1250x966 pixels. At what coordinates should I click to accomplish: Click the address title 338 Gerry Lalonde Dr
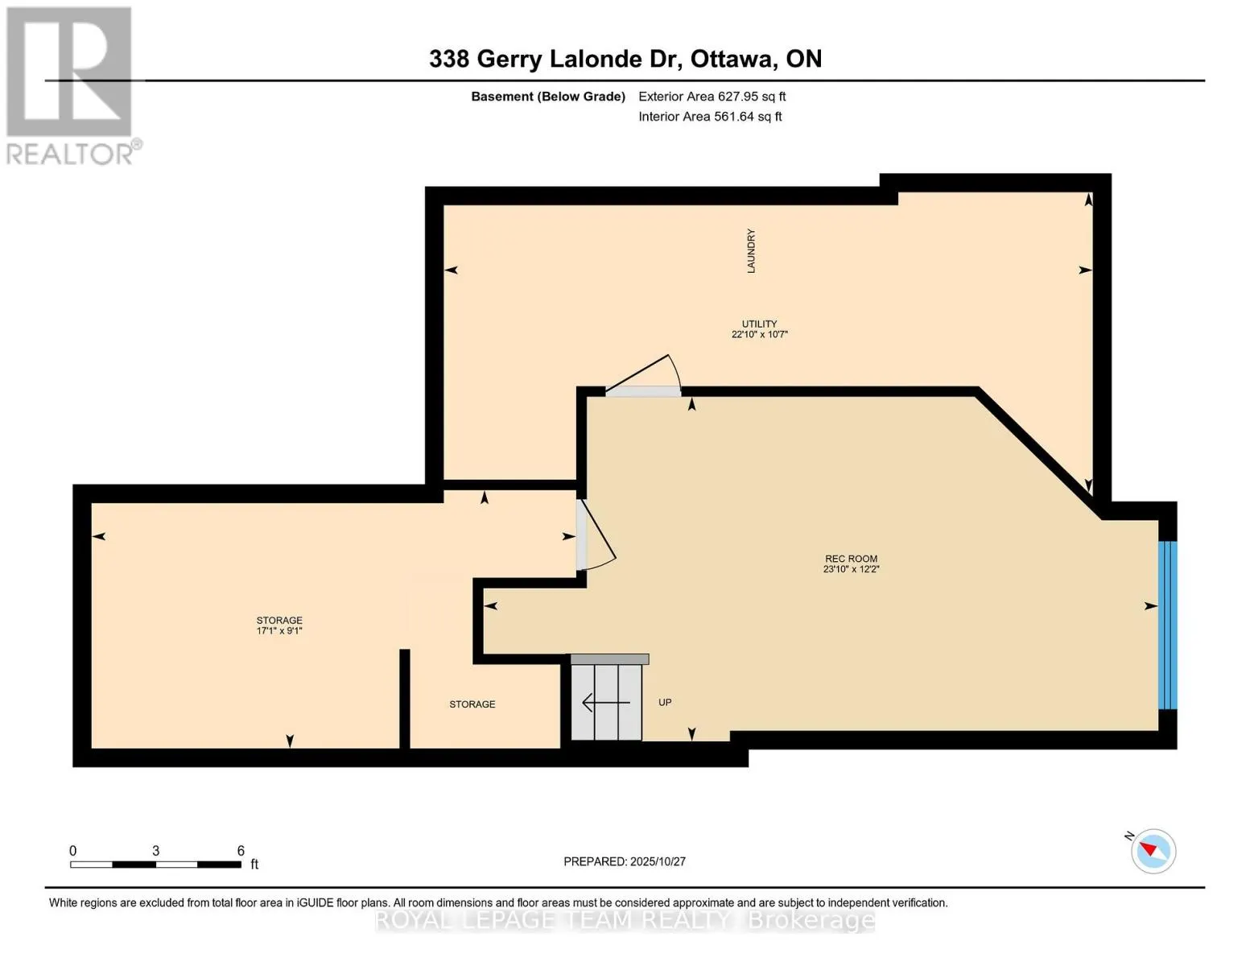coord(625,59)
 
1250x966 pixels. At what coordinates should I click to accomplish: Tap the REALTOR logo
coord(71,85)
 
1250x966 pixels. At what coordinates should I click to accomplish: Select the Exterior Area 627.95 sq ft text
coord(712,97)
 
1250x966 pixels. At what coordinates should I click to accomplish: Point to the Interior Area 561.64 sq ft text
coord(710,117)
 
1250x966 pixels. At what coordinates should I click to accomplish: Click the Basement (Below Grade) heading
coord(548,97)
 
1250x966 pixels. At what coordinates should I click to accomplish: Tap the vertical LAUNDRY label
coord(751,251)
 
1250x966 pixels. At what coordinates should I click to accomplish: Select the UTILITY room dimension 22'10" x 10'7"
coord(759,334)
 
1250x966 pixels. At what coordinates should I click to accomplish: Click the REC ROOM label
coord(851,559)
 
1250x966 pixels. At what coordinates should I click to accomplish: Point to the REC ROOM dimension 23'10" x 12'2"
coord(851,569)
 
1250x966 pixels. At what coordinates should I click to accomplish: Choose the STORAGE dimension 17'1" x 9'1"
coord(279,631)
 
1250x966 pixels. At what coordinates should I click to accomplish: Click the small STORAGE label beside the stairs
coord(472,704)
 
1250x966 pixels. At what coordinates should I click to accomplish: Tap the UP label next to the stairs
coord(665,703)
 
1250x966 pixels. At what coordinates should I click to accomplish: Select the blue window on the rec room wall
coord(1167,625)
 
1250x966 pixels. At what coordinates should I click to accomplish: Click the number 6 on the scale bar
coord(241,851)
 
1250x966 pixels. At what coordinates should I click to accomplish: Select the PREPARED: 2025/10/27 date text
coord(625,861)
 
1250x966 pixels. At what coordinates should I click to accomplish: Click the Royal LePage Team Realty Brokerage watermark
coord(625,920)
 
